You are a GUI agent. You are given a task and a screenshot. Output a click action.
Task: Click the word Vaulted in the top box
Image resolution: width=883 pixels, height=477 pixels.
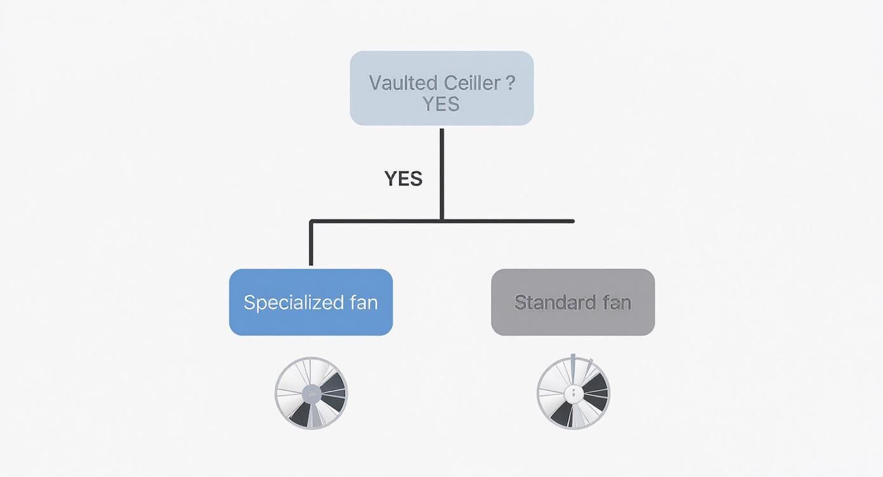coord(402,82)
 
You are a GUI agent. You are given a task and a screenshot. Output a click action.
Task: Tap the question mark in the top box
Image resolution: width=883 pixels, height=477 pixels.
coord(511,82)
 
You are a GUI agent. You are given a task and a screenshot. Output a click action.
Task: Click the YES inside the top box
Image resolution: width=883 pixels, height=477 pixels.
coord(441,103)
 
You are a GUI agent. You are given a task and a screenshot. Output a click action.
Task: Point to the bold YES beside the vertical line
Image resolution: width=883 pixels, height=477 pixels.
coord(403,179)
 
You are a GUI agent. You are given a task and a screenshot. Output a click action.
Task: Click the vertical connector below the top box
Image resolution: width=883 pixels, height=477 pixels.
coord(442,171)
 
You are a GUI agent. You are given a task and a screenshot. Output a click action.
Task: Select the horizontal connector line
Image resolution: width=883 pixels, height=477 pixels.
coord(507,221)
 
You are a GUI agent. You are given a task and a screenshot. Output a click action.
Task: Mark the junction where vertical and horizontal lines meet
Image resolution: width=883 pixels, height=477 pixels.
coord(442,221)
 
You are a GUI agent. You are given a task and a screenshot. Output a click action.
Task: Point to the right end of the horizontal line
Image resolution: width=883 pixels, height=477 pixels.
coord(572,221)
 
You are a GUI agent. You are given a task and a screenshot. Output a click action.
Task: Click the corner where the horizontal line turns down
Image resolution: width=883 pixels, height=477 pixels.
coord(311,222)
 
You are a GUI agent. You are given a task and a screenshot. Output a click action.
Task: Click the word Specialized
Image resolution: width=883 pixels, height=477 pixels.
coord(289,303)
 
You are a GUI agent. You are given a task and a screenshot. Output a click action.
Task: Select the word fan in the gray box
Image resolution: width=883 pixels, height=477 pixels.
coord(617,303)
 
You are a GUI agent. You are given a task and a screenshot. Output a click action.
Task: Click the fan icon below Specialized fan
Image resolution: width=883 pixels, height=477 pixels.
coord(311,393)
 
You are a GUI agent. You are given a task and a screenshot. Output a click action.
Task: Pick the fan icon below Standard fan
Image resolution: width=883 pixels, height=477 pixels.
coord(573,393)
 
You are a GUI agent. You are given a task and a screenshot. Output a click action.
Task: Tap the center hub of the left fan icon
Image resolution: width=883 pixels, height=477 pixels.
coord(311,394)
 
